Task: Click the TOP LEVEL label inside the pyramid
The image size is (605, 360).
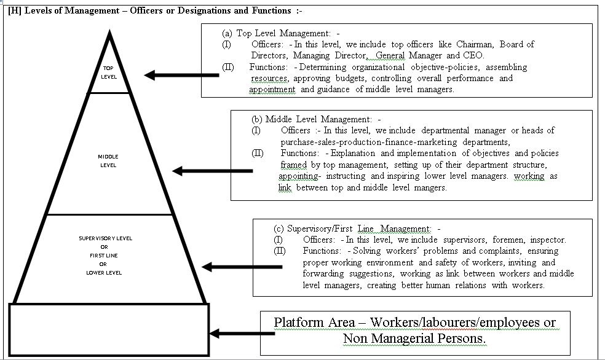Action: (x=109, y=72)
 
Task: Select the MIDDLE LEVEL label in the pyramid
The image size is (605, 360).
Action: (x=108, y=161)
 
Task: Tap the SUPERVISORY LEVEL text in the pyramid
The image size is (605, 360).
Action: (x=105, y=238)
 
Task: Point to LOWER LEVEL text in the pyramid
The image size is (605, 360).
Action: (x=104, y=272)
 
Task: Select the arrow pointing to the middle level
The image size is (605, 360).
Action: (x=212, y=171)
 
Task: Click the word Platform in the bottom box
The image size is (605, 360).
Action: (x=299, y=323)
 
